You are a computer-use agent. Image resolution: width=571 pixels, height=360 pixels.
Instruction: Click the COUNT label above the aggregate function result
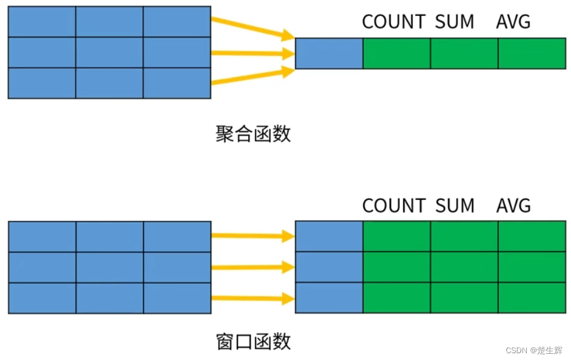tap(394, 22)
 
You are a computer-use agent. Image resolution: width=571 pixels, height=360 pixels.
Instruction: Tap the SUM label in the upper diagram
tap(454, 22)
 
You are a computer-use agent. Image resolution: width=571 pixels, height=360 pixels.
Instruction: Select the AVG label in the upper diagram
tap(513, 22)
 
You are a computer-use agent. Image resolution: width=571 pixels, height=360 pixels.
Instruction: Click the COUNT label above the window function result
tap(394, 205)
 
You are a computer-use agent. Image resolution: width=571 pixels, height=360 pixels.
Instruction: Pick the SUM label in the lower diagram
tap(454, 205)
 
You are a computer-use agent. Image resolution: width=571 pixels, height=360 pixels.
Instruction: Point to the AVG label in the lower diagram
tap(513, 205)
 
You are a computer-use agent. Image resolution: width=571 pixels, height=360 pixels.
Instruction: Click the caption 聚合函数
tap(253, 134)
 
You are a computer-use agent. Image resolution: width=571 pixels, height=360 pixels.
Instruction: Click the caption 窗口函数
tap(253, 341)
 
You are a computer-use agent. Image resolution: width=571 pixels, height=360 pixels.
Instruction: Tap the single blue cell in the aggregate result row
tap(329, 53)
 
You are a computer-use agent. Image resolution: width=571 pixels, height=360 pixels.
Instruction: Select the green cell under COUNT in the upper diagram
tap(397, 53)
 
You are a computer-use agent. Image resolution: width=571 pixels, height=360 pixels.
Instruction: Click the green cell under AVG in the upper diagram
tap(531, 53)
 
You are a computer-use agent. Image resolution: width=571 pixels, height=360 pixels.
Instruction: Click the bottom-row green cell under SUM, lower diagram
tap(465, 298)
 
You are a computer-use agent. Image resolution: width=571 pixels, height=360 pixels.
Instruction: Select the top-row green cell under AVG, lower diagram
tap(531, 236)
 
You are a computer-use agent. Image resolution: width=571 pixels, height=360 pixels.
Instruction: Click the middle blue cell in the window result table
tap(329, 267)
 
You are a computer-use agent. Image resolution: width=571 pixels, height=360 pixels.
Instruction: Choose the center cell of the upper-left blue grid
tap(109, 52)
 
